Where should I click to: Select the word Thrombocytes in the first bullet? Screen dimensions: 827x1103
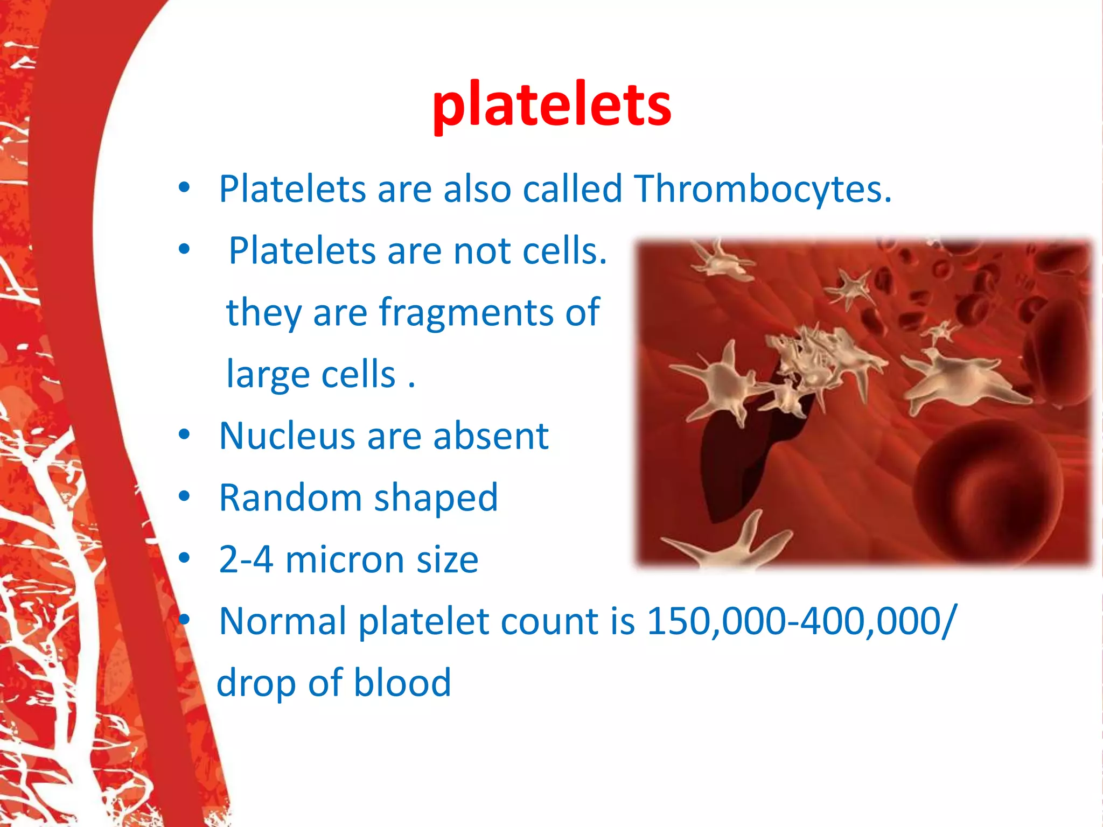click(763, 190)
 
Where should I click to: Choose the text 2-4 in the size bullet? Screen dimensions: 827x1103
click(246, 560)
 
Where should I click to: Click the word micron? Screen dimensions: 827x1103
click(345, 560)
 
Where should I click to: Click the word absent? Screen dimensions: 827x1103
click(491, 436)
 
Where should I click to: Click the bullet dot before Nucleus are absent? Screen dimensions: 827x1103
click(185, 435)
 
